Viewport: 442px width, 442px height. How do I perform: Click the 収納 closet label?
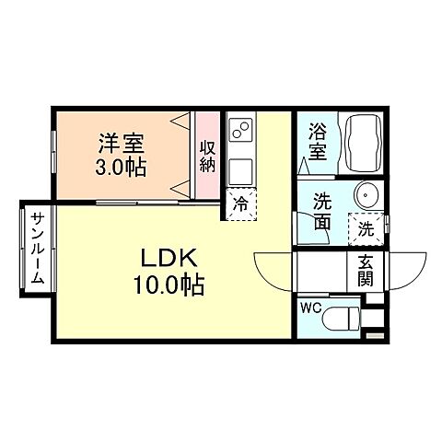click(208, 156)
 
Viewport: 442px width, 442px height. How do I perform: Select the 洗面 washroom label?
click(321, 210)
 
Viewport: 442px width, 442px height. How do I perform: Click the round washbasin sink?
click(366, 197)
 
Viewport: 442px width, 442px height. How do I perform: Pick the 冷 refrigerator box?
click(239, 204)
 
